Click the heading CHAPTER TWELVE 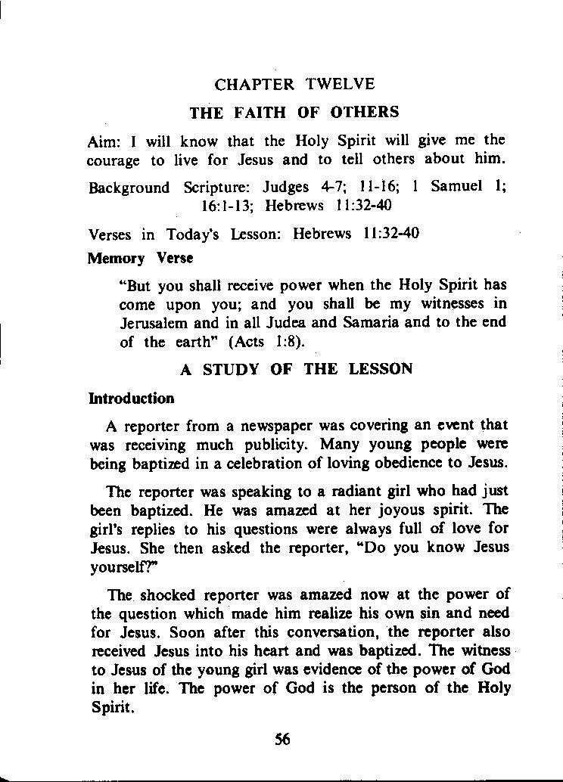click(x=294, y=84)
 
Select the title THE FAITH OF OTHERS click(x=294, y=113)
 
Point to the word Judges click(x=286, y=187)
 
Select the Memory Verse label click(x=140, y=258)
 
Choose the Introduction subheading click(x=131, y=399)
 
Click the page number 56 click(x=283, y=740)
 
